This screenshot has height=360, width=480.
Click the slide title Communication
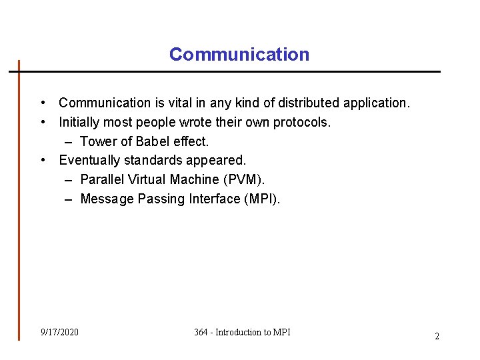(239, 55)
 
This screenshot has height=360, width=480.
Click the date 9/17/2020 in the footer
(59, 332)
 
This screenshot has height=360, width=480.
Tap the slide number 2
(437, 336)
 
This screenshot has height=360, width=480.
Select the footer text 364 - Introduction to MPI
(242, 332)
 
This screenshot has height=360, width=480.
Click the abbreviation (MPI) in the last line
(263, 199)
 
